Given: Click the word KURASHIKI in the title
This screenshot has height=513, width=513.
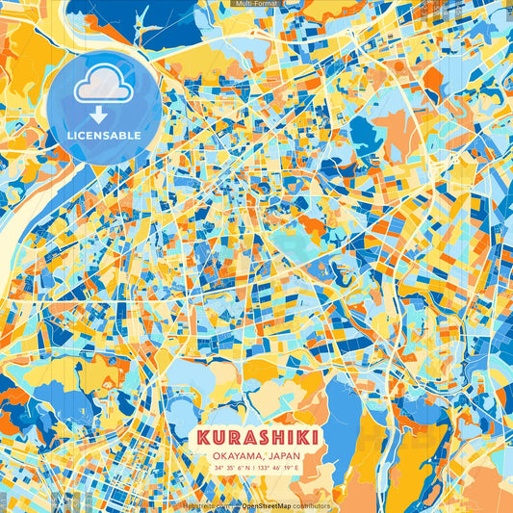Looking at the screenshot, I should tap(256, 439).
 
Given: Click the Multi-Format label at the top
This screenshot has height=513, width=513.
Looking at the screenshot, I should tap(256, 4).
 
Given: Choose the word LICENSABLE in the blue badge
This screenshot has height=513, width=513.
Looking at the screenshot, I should tap(103, 136).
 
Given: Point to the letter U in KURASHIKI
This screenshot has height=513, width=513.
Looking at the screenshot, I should tap(216, 439).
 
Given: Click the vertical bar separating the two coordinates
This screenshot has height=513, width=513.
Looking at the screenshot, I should tap(256, 469).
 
